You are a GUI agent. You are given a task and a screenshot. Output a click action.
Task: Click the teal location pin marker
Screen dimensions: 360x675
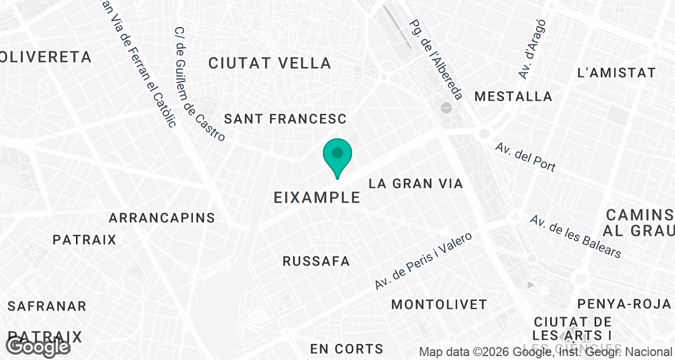pos(337,155)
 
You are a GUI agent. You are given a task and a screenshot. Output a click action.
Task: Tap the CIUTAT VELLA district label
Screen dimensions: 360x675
pos(269,63)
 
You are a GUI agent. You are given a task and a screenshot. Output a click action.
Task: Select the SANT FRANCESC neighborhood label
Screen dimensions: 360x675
pos(285,119)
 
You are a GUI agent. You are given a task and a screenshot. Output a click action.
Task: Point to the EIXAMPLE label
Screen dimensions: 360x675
pos(317,197)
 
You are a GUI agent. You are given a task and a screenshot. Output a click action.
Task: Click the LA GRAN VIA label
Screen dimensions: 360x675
pos(416,183)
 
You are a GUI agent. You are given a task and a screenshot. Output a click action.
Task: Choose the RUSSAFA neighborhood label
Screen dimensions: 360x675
pos(316,262)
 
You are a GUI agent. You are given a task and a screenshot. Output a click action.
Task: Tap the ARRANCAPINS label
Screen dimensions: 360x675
pos(162,218)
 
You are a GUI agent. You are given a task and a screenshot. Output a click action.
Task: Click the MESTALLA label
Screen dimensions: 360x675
pos(513,96)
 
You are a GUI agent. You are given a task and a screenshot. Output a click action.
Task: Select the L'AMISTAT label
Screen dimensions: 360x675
pos(616,73)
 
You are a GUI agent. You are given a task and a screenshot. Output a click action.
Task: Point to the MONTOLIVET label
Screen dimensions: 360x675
pos(439,305)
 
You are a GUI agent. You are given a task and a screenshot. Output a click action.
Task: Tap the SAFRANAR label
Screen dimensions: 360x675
pos(47,307)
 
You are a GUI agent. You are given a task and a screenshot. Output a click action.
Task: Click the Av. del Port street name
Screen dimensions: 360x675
pos(525,157)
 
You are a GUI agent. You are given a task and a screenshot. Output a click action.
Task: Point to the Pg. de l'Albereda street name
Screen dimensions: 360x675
pos(436,60)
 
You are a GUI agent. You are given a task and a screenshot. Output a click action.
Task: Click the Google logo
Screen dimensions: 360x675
pos(38,347)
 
